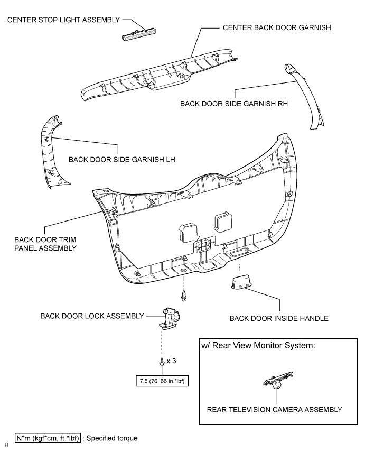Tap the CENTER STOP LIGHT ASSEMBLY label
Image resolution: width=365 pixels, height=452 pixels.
(x=62, y=20)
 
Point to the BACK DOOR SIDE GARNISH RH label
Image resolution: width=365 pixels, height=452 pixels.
(x=234, y=104)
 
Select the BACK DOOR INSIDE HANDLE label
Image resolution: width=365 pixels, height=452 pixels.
(x=279, y=319)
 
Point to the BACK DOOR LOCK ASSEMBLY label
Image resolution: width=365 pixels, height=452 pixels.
(x=92, y=316)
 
